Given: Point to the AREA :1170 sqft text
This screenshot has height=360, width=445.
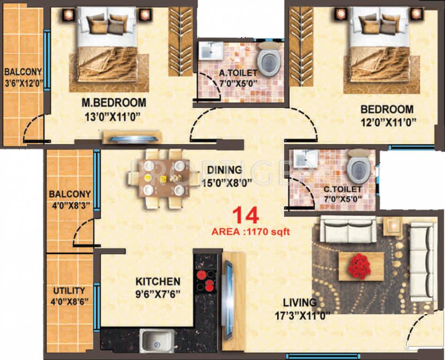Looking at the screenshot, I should coord(251,232).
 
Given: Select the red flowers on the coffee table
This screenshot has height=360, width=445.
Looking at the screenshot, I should coord(359,266).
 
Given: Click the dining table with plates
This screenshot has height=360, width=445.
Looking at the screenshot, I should coord(160,178).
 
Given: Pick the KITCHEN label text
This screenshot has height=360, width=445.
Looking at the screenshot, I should coord(158,282).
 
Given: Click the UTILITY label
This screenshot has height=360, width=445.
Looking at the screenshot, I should coord(69,291).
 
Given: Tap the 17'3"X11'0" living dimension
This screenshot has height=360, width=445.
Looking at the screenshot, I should coord(303,315).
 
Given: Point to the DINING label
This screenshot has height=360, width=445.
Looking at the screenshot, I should coord(225,170).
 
